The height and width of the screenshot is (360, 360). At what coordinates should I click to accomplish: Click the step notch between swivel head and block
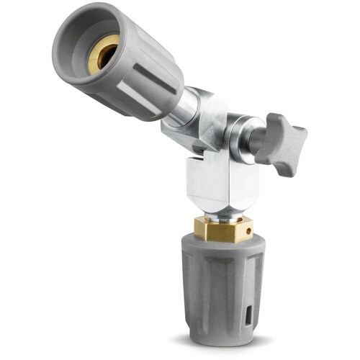point(197,154)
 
